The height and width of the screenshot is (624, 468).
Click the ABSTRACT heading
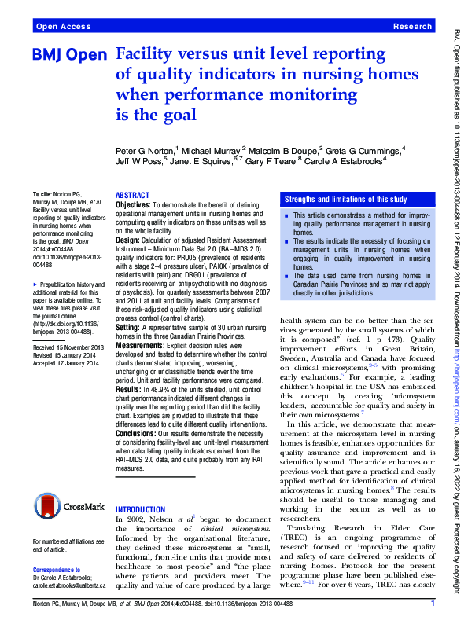tap(131, 194)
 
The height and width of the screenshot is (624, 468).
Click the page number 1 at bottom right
tap(433, 604)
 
